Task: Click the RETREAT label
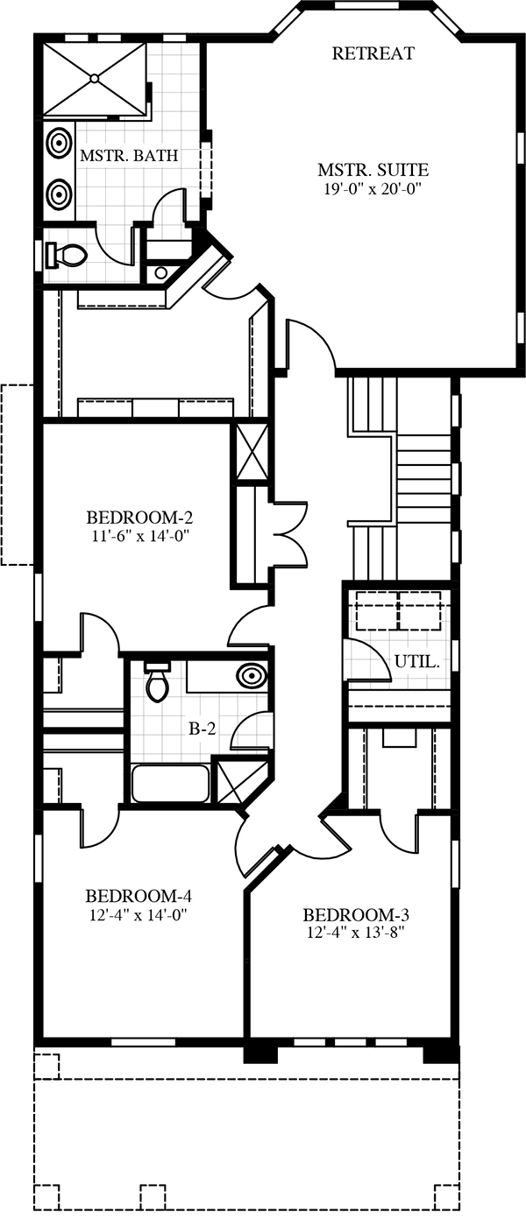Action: (x=373, y=53)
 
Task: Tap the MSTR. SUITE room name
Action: (x=373, y=170)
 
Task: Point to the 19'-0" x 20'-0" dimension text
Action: (x=375, y=189)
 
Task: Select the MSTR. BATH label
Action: (x=130, y=156)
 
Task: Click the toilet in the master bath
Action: (x=67, y=255)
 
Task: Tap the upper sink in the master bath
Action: (x=58, y=142)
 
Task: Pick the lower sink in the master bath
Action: (x=58, y=192)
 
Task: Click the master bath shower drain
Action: (x=96, y=80)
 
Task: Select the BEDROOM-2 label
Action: (x=139, y=517)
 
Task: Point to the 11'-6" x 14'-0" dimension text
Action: (x=140, y=536)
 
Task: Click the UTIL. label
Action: (x=417, y=662)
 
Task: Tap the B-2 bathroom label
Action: (x=203, y=729)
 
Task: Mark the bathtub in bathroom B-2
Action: (x=170, y=784)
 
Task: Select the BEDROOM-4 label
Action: (x=139, y=896)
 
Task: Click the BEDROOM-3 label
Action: (x=356, y=914)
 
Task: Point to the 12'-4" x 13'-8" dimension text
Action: (x=356, y=933)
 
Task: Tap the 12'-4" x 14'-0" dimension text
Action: (x=139, y=914)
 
